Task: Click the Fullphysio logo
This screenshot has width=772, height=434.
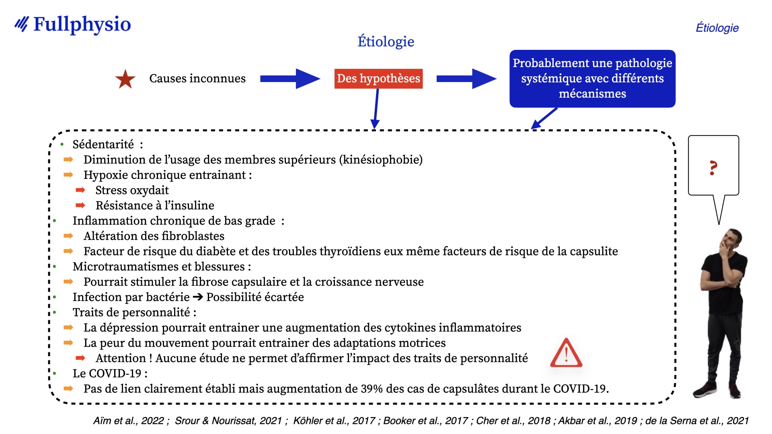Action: point(73,25)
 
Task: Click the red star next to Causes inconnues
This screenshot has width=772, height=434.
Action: point(125,79)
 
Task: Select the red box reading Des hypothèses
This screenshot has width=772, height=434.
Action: point(378,78)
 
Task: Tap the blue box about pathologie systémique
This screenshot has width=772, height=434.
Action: point(592,78)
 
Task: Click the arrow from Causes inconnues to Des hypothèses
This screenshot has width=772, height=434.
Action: point(290,79)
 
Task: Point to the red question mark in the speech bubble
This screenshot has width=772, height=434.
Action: point(713,168)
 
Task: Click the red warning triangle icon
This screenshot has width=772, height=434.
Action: point(566,353)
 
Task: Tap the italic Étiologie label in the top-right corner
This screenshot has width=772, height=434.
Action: point(717,28)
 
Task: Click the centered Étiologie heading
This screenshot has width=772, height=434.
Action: point(386,41)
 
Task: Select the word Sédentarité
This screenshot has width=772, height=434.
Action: point(103,144)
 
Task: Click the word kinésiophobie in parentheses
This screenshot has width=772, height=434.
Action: point(381,160)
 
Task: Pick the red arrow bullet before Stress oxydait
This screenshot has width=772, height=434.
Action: point(80,190)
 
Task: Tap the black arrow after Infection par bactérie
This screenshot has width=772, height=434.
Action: point(198,297)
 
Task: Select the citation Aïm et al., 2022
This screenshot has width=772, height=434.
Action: point(129,421)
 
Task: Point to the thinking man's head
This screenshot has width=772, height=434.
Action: point(731,240)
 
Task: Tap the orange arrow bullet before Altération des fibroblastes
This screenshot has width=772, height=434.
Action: point(68,236)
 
